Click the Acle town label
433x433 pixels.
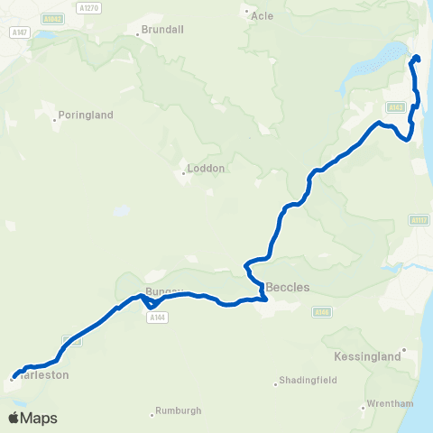pyautogui.click(x=263, y=15)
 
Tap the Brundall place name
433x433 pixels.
pyautogui.click(x=163, y=29)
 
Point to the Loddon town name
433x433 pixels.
pyautogui.click(x=205, y=168)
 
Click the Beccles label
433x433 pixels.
pyautogui.click(x=288, y=287)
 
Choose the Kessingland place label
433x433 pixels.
pyautogui.click(x=366, y=357)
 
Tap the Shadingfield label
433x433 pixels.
pyautogui.click(x=308, y=380)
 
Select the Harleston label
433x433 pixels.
pyautogui.click(x=43, y=374)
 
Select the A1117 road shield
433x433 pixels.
pyautogui.click(x=418, y=219)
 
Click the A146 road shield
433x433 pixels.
pyautogui.click(x=323, y=311)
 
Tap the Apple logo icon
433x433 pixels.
pyautogui.click(x=14, y=418)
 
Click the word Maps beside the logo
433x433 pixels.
pyautogui.click(x=40, y=419)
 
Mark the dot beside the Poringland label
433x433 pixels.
pyautogui.click(x=55, y=115)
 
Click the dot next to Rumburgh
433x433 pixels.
pyautogui.click(x=152, y=415)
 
